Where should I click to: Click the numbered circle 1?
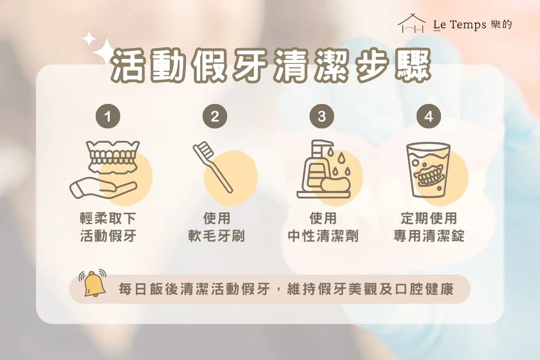(108, 116)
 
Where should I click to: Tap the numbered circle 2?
(215, 116)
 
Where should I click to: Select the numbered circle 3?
(322, 116)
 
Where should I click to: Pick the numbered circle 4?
(428, 116)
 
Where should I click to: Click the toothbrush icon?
(212, 167)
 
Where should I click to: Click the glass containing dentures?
(428, 170)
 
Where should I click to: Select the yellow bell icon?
(93, 283)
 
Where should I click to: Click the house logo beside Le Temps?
(411, 23)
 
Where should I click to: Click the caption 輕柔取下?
(108, 218)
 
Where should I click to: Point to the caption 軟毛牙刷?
(216, 236)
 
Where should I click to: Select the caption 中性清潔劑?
(323, 236)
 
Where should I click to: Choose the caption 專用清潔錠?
(429, 236)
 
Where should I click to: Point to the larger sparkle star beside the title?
(105, 52)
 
